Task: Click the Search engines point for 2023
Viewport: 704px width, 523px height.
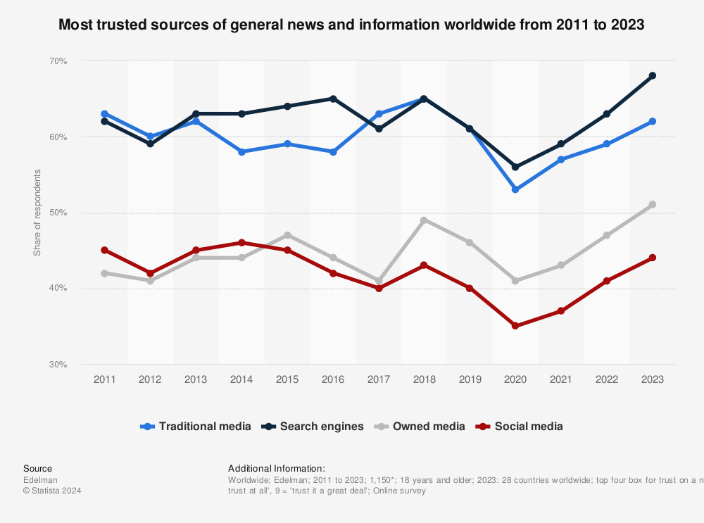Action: point(653,75)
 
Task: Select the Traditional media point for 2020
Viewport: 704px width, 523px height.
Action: point(515,189)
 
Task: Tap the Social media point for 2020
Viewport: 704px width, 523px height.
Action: point(515,326)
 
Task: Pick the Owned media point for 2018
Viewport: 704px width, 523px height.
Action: point(424,220)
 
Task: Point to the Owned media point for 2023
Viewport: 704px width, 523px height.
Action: point(653,205)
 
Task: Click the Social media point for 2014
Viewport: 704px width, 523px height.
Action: point(241,243)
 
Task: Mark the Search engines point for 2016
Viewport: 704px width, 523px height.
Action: point(333,99)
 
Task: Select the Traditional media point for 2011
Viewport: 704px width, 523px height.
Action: point(104,113)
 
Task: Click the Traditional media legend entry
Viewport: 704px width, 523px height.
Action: point(196,426)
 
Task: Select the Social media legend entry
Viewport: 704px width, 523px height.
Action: point(520,426)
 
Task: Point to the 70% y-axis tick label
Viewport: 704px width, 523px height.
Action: point(58,61)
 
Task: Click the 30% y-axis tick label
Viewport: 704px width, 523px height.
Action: point(58,365)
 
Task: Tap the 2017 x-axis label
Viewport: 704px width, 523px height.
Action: point(379,379)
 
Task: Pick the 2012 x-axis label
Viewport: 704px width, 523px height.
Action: point(150,379)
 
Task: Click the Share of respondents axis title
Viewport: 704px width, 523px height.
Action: point(37,213)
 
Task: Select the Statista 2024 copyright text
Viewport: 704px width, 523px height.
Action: point(52,491)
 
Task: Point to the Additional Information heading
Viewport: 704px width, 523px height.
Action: point(277,468)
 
